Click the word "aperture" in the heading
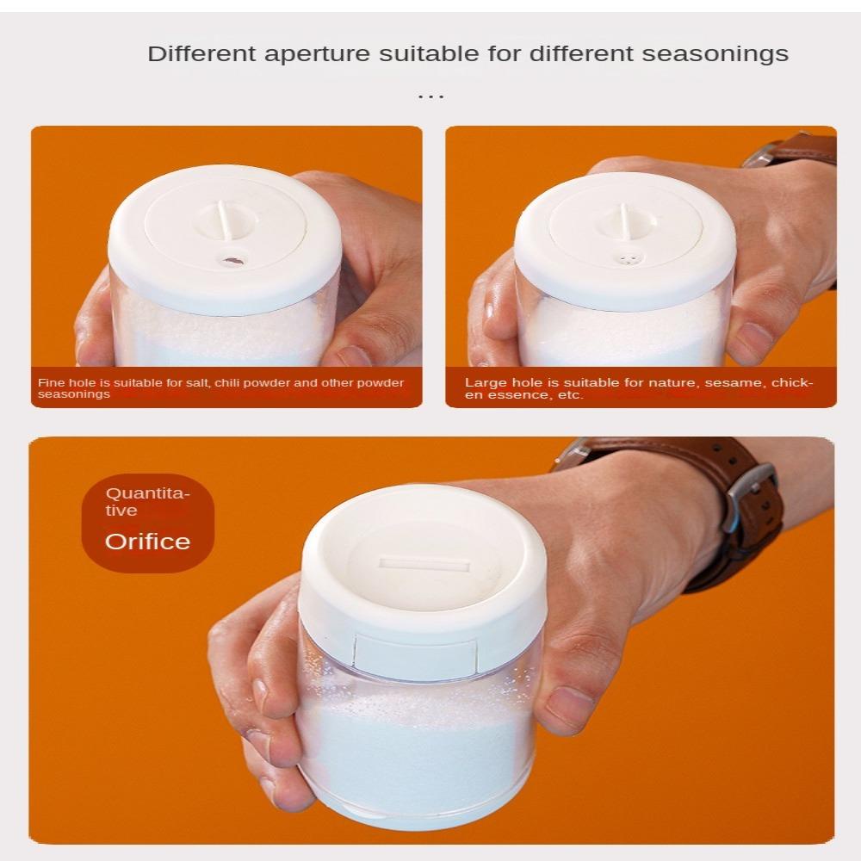317,54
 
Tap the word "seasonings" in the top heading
715,54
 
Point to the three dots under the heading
430,97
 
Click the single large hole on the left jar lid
232,261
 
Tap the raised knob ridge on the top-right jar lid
625,220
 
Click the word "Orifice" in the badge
148,542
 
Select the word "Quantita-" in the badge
148,493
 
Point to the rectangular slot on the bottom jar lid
425,565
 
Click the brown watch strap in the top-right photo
795,149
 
